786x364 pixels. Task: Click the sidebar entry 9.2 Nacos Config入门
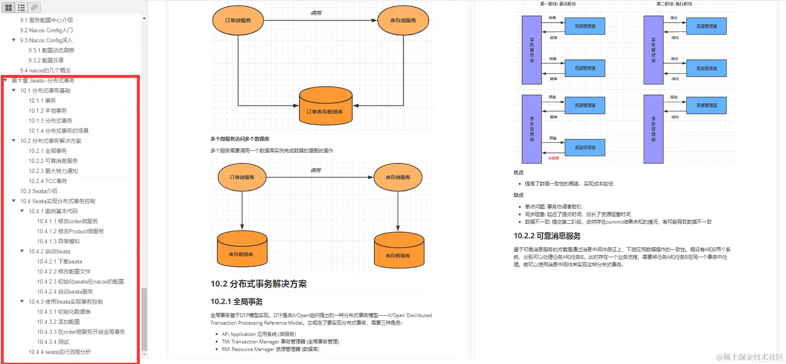coord(46,30)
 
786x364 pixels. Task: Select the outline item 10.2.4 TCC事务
coord(48,181)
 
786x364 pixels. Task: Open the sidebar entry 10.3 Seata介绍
coord(39,191)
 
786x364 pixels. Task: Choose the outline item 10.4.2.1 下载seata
coord(59,261)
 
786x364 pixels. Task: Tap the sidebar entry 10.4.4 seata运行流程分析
coord(59,352)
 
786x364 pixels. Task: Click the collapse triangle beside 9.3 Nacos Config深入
coord(14,40)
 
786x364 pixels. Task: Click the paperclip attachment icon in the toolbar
coord(34,7)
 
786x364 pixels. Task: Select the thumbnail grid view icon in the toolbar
coord(8,7)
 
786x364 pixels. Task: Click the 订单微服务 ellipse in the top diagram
coord(238,20)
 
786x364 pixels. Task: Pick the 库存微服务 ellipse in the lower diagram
coord(398,177)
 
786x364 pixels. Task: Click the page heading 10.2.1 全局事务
coord(237,302)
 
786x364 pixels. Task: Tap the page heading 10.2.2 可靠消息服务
coord(547,236)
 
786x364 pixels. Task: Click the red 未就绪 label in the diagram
coord(554,158)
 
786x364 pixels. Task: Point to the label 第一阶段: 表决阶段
coord(557,4)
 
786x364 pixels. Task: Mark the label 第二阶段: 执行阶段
coord(674,4)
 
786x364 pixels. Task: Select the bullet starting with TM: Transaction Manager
coord(280,342)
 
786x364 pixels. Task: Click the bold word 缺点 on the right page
coord(518,195)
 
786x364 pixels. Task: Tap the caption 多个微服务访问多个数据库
coord(240,139)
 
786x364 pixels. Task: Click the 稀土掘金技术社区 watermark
coord(750,357)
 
